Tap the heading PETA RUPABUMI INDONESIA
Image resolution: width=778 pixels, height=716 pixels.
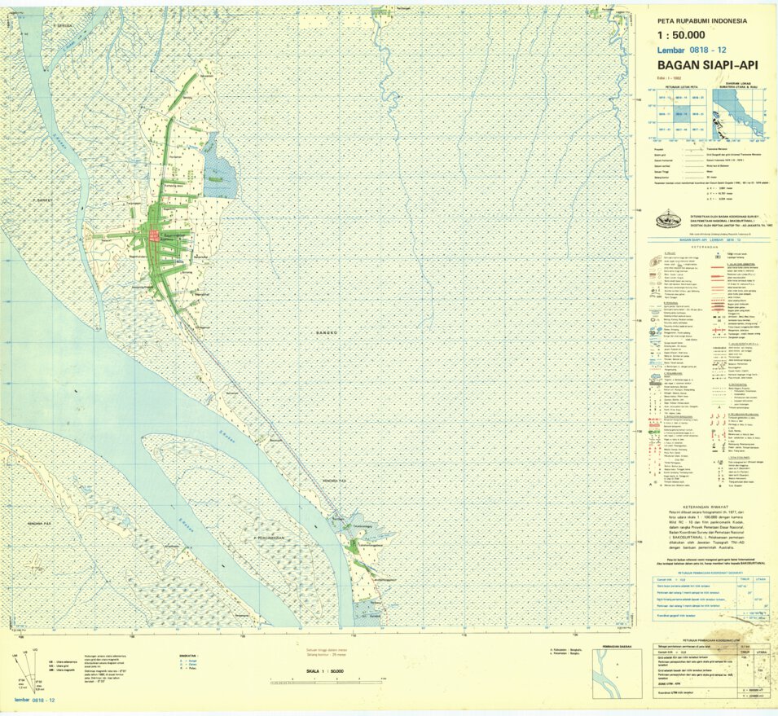705,20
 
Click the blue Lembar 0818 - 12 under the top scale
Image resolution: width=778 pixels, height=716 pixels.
692,51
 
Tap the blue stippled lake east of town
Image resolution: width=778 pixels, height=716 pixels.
220,174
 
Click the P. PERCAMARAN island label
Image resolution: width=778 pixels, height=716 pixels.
273,538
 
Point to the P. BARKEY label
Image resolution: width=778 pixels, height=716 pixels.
42,199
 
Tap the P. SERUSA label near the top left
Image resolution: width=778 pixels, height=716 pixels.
64,25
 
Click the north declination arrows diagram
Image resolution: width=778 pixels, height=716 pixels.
31,670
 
